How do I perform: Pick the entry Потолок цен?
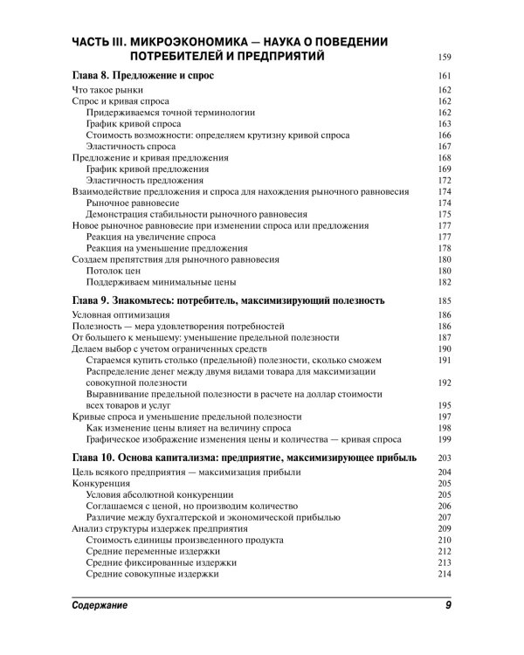[x=115, y=272]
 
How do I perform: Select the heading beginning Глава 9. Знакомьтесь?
[x=226, y=301]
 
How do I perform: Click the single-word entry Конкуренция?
[x=101, y=484]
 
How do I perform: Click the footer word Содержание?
[x=104, y=604]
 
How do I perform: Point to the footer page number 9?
[x=445, y=604]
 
